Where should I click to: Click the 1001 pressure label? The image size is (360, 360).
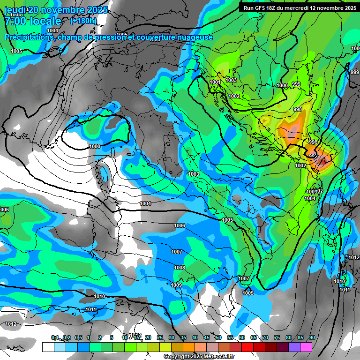pyautogui.click(x=215, y=82)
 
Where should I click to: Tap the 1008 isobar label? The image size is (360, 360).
pyautogui.click(x=180, y=268)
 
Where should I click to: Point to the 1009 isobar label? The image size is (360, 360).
pyautogui.click(x=176, y=285)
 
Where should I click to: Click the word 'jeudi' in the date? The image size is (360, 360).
pyautogui.click(x=15, y=10)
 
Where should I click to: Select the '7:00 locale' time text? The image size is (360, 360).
pyautogui.click(x=33, y=21)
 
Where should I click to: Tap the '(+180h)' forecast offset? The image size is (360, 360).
pyautogui.click(x=83, y=21)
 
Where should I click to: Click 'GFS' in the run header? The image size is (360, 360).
pyautogui.click(x=259, y=8)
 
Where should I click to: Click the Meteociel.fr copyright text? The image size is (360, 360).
pyautogui.click(x=199, y=357)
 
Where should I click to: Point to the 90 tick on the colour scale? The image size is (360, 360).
pyautogui.click(x=312, y=337)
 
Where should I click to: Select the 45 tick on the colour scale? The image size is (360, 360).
pyautogui.click(x=207, y=337)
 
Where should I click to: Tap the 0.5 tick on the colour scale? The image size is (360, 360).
pyautogui.click(x=78, y=337)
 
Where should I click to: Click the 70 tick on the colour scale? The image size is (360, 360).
pyautogui.click(x=265, y=337)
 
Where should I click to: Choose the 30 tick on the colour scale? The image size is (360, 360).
pyautogui.click(x=172, y=337)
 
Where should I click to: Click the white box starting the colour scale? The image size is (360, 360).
pyautogui.click(x=48, y=347)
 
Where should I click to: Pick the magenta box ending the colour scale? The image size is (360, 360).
pyautogui.click(x=306, y=347)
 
